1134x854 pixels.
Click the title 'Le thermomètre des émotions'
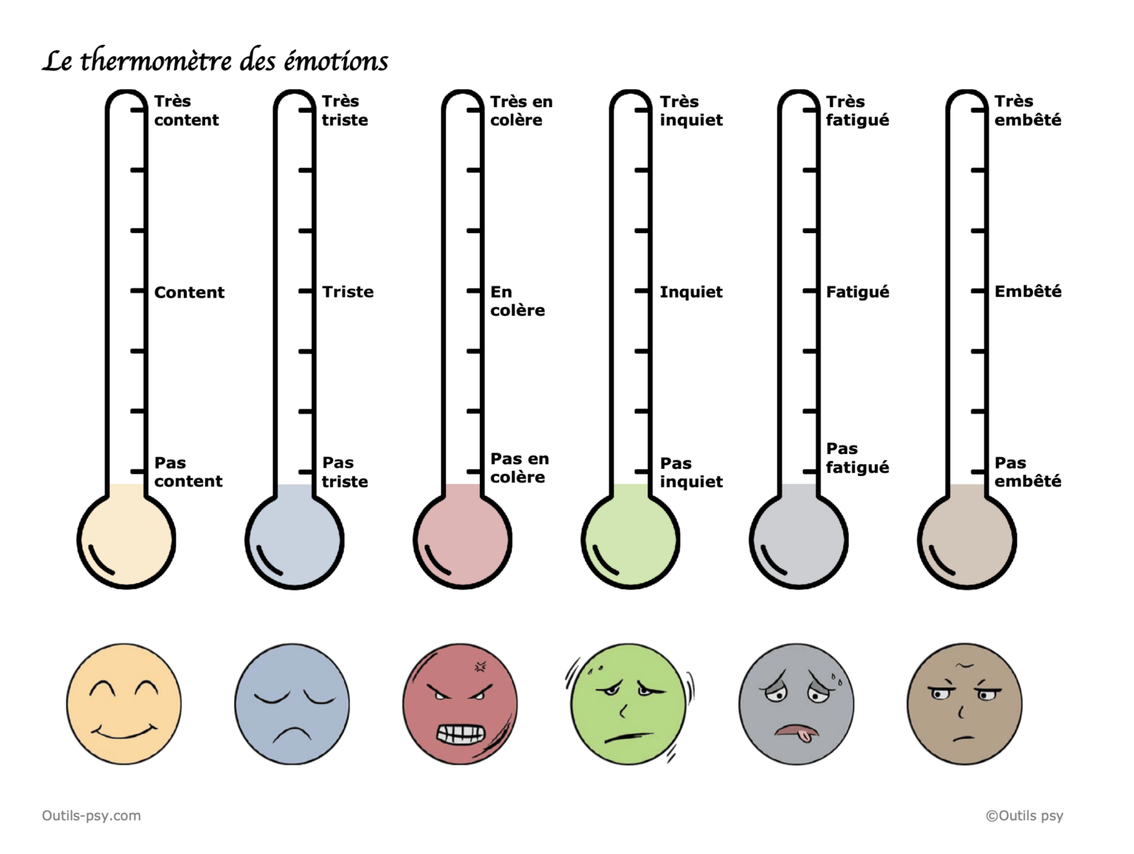215,61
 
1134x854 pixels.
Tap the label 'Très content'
186,111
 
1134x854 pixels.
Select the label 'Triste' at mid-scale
348,292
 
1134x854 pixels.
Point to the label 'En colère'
518,301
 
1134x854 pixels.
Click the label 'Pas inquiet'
691,472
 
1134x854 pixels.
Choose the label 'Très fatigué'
857,111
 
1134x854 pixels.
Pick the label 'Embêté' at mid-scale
1028,292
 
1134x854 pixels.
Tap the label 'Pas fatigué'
857,458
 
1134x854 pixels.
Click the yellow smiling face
124,704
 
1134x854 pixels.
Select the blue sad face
292,704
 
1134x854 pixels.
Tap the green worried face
628,704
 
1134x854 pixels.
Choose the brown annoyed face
964,704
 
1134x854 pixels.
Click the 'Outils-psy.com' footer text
92,816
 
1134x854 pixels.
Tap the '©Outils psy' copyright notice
1024,816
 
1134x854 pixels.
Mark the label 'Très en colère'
521,111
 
